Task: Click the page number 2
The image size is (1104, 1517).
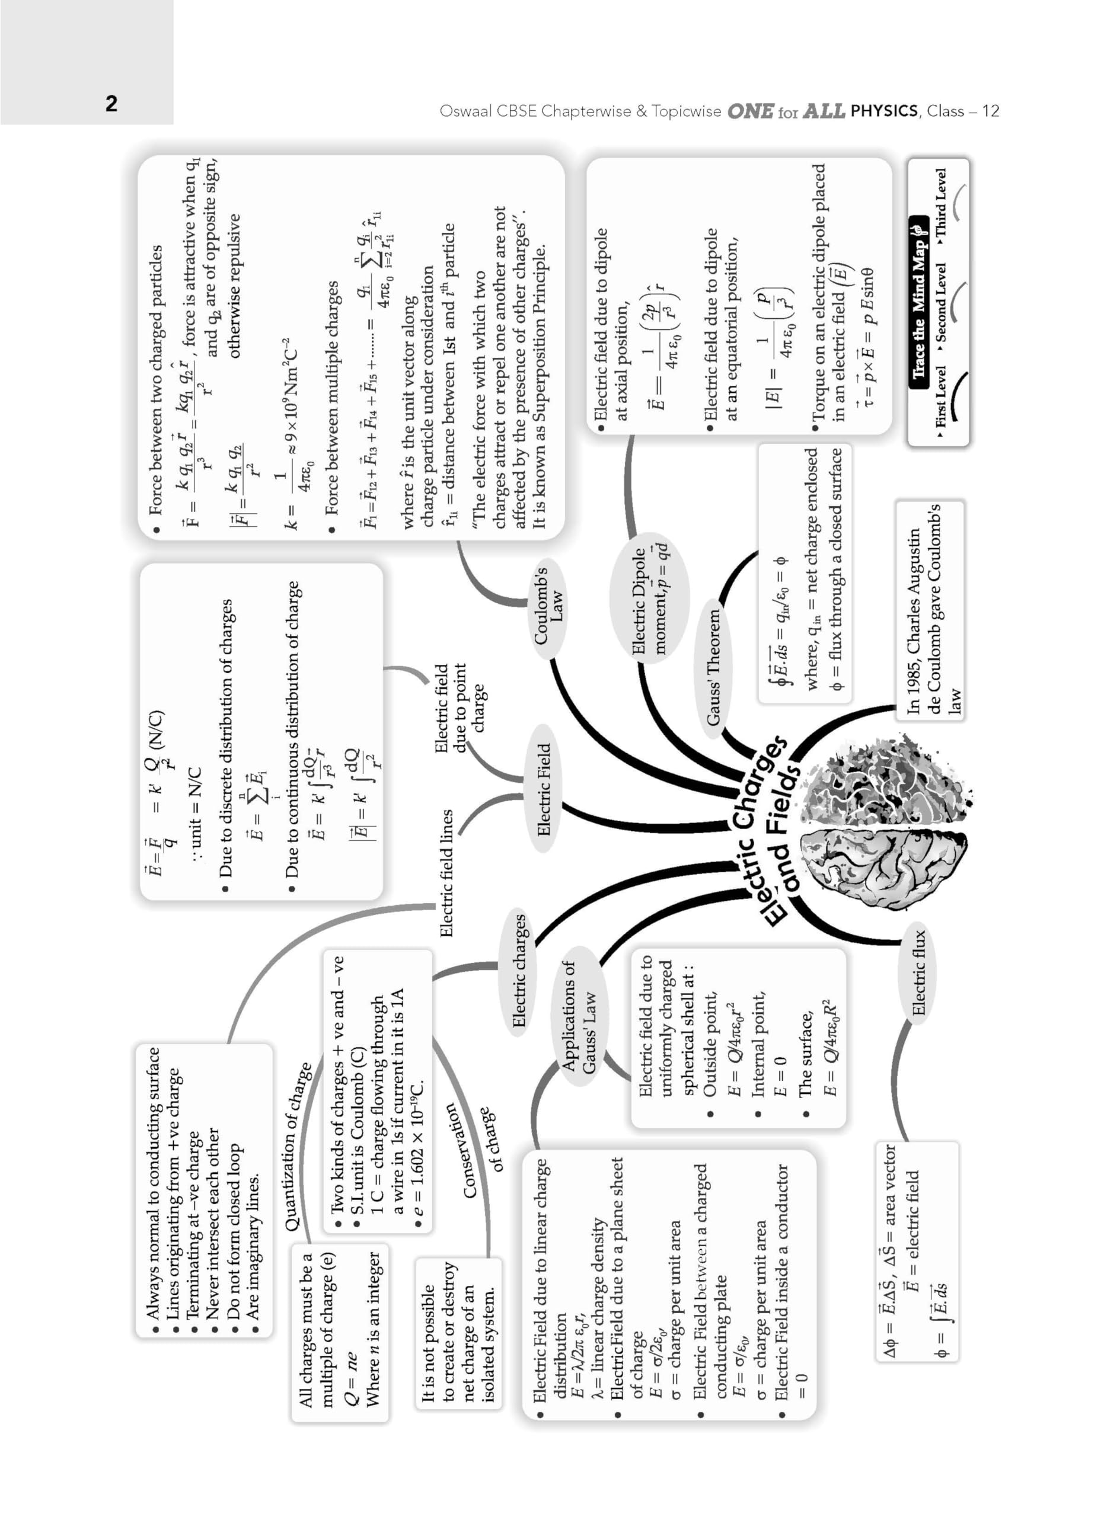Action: (x=111, y=103)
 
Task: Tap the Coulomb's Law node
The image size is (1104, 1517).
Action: (x=548, y=606)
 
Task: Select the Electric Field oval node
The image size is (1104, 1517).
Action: (x=544, y=789)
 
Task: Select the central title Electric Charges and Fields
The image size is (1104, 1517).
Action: (x=770, y=833)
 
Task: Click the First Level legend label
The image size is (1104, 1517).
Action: (x=941, y=401)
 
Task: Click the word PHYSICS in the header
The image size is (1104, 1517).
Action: (x=883, y=110)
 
